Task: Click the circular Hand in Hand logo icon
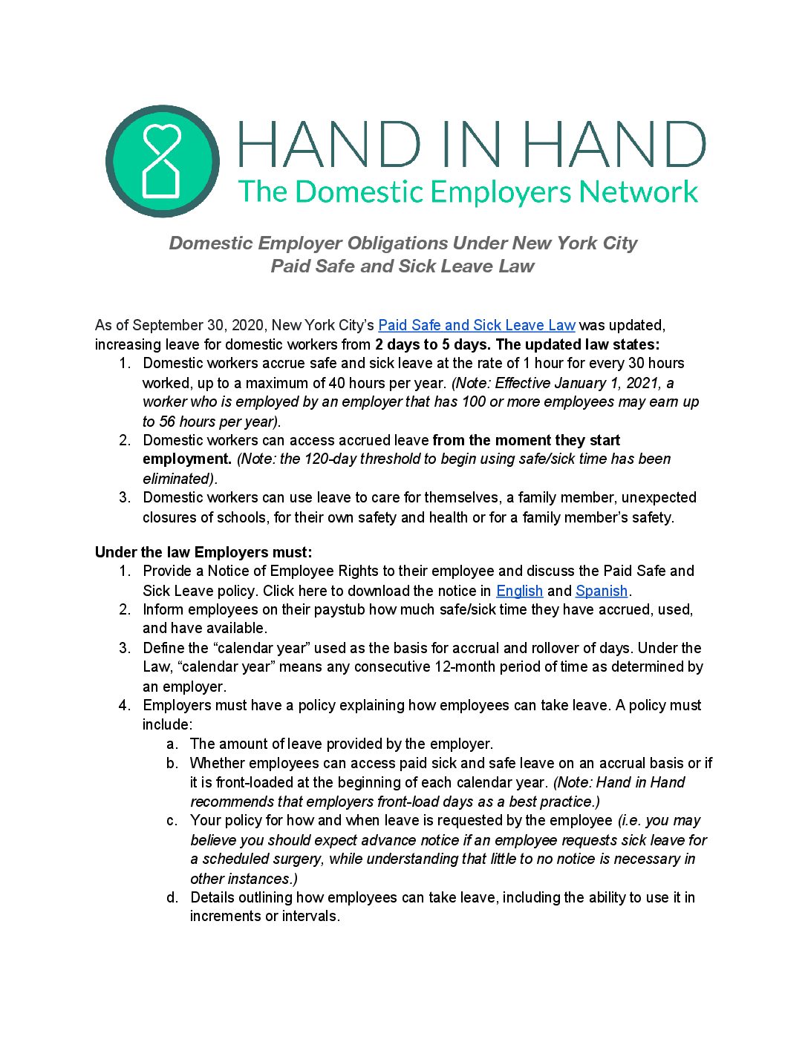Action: (163, 161)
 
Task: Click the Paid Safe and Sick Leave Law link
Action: (477, 325)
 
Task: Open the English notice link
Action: (519, 591)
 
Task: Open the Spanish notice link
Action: (602, 591)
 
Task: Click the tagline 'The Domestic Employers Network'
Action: (468, 192)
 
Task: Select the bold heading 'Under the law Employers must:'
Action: (203, 552)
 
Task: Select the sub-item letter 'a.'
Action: (172, 744)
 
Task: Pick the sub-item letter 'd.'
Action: (172, 897)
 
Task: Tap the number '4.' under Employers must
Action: (125, 705)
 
